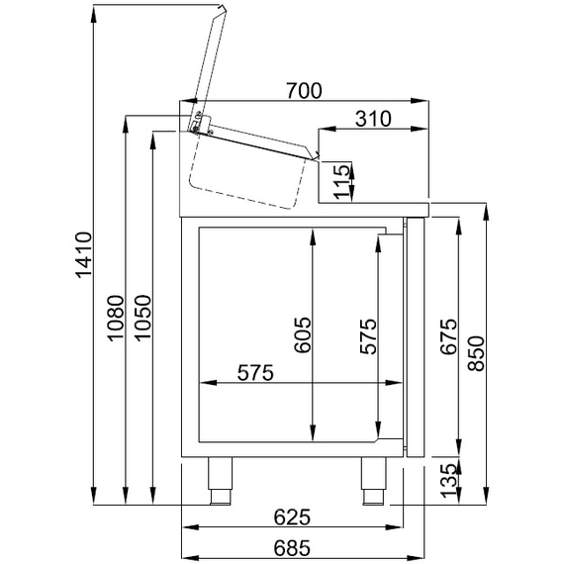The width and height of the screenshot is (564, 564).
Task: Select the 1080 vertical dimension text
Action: (117, 320)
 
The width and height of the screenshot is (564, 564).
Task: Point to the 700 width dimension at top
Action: (304, 91)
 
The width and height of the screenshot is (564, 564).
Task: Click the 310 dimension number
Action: (371, 119)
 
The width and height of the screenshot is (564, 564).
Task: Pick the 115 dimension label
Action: (341, 183)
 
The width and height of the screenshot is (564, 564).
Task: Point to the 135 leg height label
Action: (447, 482)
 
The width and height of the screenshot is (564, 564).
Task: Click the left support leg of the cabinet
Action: (218, 480)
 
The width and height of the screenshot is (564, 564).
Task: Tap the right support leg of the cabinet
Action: (373, 480)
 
